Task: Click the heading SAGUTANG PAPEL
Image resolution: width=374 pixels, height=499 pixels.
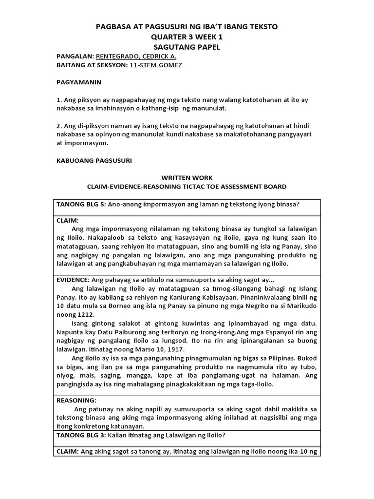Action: click(x=187, y=47)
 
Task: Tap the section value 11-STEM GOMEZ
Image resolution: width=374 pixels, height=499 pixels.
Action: click(x=156, y=65)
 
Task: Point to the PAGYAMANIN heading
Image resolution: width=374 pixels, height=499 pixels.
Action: click(x=79, y=82)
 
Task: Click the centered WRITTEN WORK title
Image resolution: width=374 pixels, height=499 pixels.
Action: click(x=187, y=178)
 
